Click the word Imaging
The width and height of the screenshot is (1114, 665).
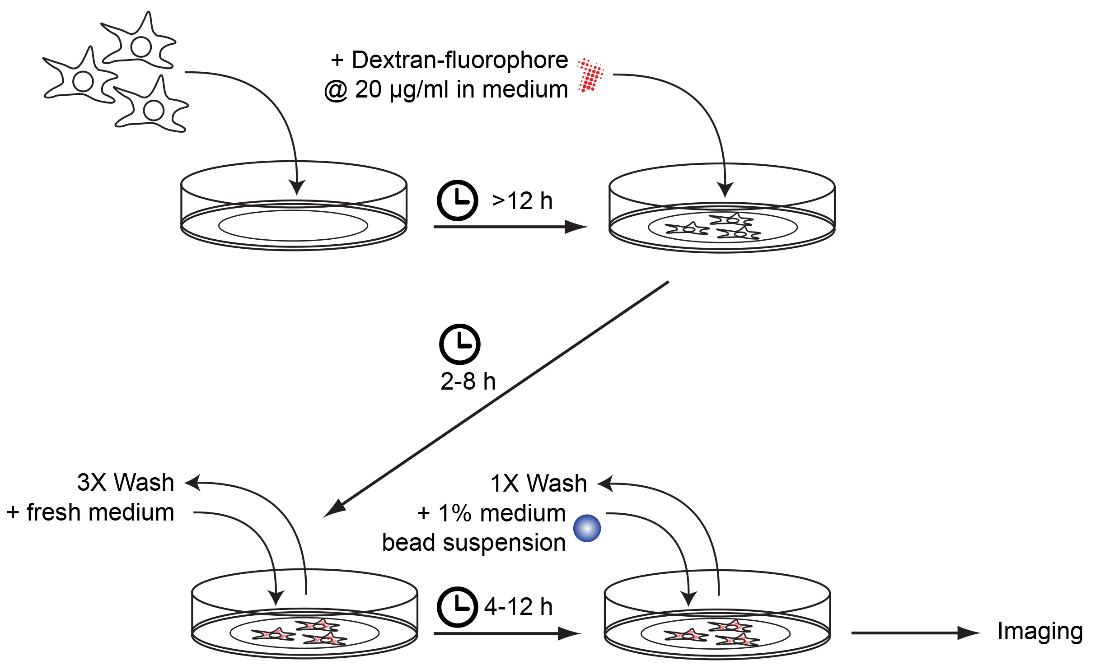point(1040,632)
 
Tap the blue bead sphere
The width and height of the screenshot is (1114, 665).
point(587,528)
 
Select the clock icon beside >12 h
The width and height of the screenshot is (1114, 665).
point(457,200)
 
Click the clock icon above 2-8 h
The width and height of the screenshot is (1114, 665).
point(459,344)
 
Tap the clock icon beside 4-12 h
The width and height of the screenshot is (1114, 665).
point(457,607)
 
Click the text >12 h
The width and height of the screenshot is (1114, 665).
point(522,201)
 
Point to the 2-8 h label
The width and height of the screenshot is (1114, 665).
point(468,381)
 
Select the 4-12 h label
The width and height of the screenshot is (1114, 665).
point(518,607)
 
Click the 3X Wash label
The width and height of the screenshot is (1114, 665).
point(126,482)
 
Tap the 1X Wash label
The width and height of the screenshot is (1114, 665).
point(538,483)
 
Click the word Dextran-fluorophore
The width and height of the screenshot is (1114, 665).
point(459,60)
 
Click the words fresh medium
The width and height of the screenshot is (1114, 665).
point(100,512)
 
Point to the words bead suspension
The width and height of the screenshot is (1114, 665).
point(473,542)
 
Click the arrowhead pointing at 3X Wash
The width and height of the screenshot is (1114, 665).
point(193,483)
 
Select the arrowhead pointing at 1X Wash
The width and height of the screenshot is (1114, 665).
point(605,484)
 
